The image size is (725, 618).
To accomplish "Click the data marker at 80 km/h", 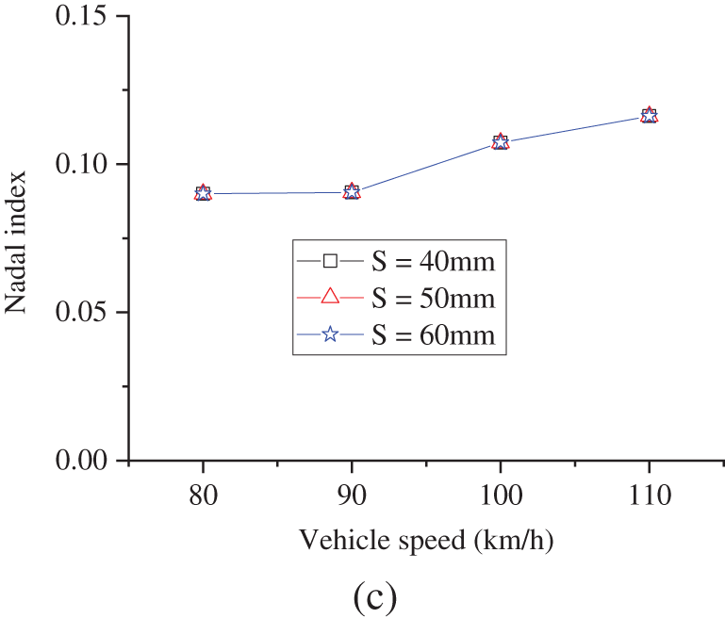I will pyautogui.click(x=203, y=193).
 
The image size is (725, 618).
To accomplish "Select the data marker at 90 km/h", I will pyautogui.click(x=352, y=192).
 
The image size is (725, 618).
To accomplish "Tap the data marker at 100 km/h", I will pyautogui.click(x=501, y=142).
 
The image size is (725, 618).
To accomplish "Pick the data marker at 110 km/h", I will pyautogui.click(x=649, y=116).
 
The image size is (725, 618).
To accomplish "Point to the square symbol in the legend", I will pyautogui.click(x=330, y=260).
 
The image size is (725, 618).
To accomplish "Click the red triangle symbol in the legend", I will pyautogui.click(x=330, y=297).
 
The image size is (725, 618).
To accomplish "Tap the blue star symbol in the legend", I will pyautogui.click(x=330, y=334).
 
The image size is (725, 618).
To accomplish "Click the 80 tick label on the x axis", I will pyautogui.click(x=203, y=496).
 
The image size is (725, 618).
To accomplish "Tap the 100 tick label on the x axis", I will pyautogui.click(x=501, y=496).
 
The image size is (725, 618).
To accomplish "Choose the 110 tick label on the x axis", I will pyautogui.click(x=649, y=496).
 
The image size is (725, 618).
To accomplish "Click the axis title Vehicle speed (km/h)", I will pyautogui.click(x=426, y=541).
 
